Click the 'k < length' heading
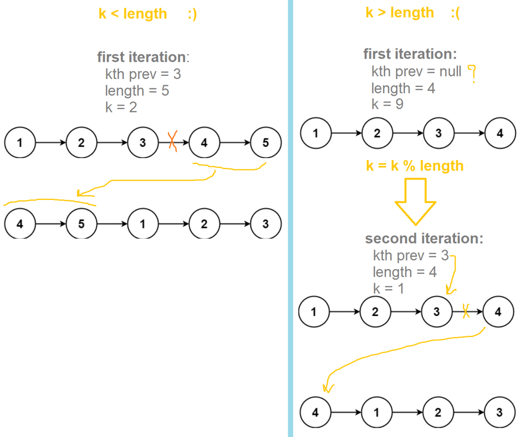pyautogui.click(x=133, y=14)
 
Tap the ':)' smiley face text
pyautogui.click(x=192, y=14)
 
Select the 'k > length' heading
pyautogui.click(x=400, y=13)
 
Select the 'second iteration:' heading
pyautogui.click(x=424, y=239)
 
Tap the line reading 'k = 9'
pyautogui.click(x=388, y=104)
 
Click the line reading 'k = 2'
pyautogui.click(x=121, y=107)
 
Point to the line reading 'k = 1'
pyautogui.click(x=389, y=288)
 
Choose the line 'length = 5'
pyautogui.click(x=137, y=91)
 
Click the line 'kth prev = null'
pyautogui.click(x=416, y=71)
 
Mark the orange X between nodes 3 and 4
pyautogui.click(x=173, y=142)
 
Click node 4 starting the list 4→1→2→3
pyautogui.click(x=315, y=412)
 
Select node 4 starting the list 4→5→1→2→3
pyautogui.click(x=19, y=224)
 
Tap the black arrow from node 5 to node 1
pyautogui.click(x=111, y=224)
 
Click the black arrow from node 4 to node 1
pyautogui.click(x=345, y=412)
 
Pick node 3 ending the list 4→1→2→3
pyautogui.click(x=499, y=412)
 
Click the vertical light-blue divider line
pyautogui.click(x=290, y=218)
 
